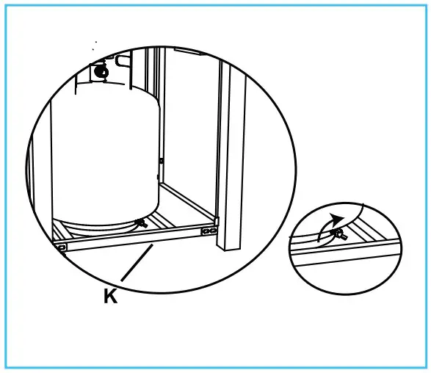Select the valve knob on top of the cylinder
[x=101, y=71]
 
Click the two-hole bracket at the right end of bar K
[x=210, y=231]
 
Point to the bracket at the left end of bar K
[x=62, y=247]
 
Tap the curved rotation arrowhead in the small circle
[x=337, y=218]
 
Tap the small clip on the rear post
[x=162, y=160]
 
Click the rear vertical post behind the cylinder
[x=159, y=110]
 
